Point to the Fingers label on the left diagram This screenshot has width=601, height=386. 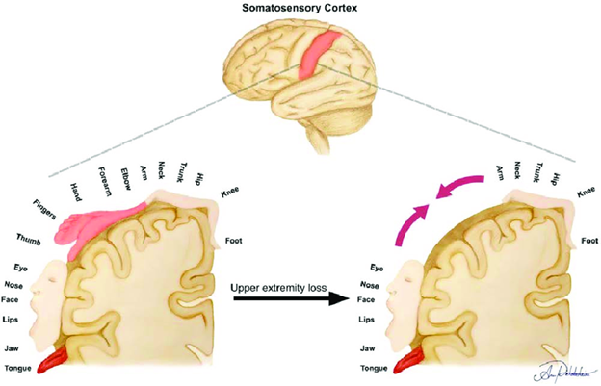coord(44,206)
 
